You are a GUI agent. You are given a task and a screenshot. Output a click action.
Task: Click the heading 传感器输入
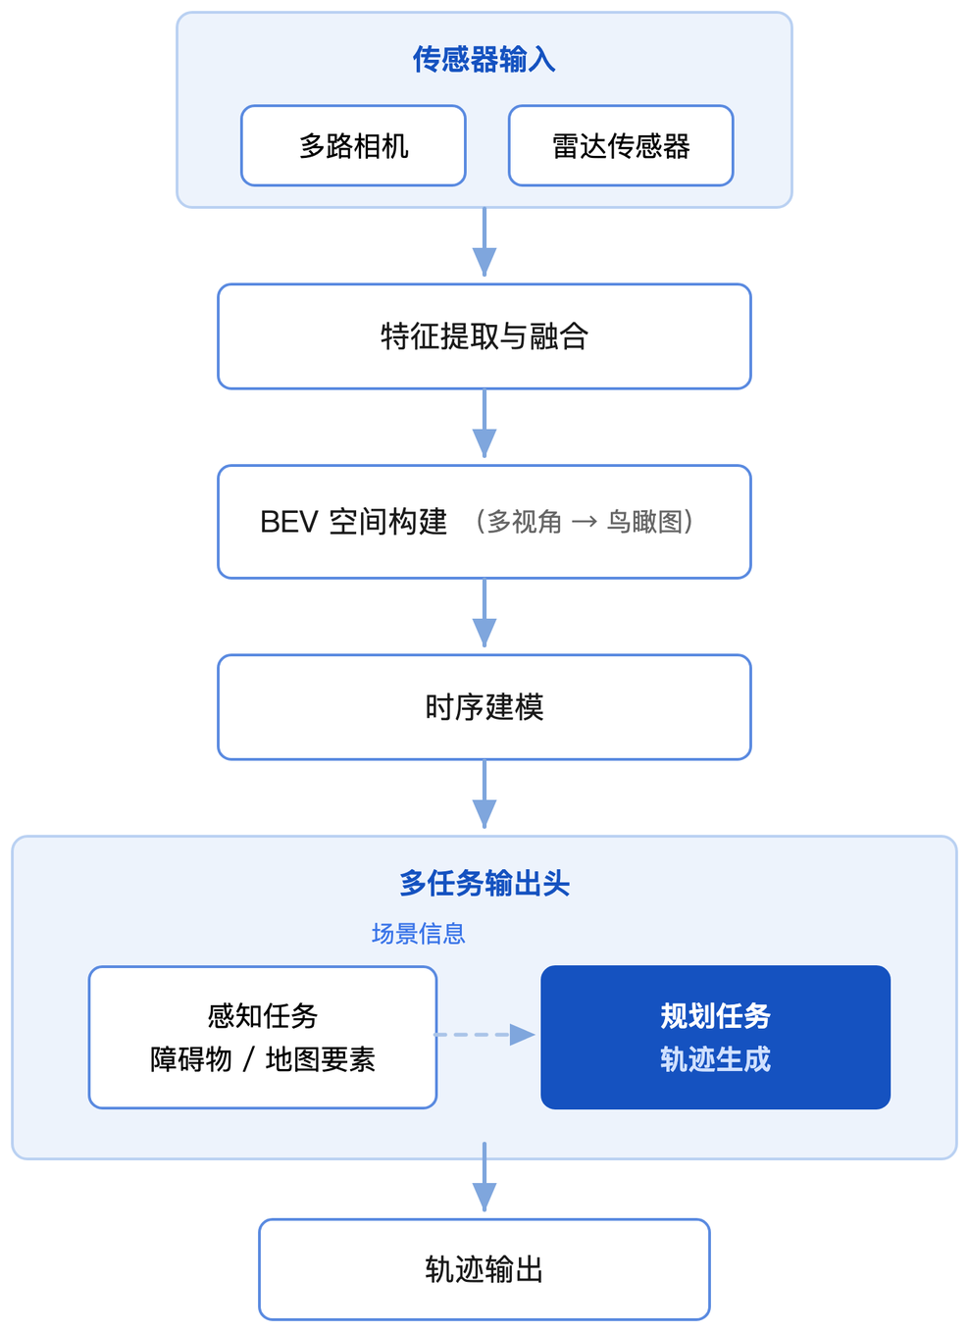pos(484,60)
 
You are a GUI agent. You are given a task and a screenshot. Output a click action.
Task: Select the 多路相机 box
pos(353,146)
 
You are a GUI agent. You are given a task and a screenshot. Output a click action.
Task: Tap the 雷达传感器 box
pos(621,146)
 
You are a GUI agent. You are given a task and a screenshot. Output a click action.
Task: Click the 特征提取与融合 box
pos(484,336)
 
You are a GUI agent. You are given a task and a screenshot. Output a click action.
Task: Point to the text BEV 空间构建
pos(353,522)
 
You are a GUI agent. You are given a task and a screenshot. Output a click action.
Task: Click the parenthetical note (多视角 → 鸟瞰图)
pos(584,522)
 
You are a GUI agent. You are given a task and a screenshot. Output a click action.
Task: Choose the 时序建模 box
pos(484,707)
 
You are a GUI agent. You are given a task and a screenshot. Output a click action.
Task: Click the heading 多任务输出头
pos(484,883)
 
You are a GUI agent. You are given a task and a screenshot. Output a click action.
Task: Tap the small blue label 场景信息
pos(418,934)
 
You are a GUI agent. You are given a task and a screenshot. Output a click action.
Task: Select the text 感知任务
pos(262,1015)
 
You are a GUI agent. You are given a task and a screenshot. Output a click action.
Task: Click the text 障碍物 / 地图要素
pos(262,1059)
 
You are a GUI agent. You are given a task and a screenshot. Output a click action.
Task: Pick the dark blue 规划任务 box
pos(715,1037)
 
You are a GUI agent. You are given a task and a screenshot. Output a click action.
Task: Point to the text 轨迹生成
pos(715,1059)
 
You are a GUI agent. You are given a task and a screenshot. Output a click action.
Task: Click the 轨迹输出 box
pos(484,1269)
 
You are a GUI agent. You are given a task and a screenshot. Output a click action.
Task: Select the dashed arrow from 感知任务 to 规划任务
pos(485,1035)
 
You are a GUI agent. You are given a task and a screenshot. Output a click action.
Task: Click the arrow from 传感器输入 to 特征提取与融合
pos(484,242)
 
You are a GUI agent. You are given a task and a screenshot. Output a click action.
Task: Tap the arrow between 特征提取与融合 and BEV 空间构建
pos(484,424)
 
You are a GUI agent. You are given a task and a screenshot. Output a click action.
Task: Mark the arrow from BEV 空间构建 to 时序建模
pos(484,613)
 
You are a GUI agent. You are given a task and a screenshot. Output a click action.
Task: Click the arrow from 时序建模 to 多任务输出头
pos(484,794)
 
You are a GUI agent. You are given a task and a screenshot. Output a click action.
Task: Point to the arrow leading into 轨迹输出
pos(484,1177)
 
